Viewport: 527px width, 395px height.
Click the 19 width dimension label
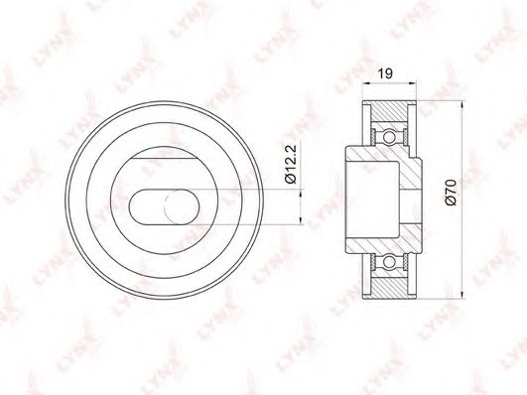click(385, 73)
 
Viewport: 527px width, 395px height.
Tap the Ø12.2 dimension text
click(291, 164)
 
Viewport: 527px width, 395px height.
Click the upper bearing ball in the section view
click(389, 137)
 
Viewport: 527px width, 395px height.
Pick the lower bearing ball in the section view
click(389, 262)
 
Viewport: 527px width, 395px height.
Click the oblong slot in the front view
click(164, 206)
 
